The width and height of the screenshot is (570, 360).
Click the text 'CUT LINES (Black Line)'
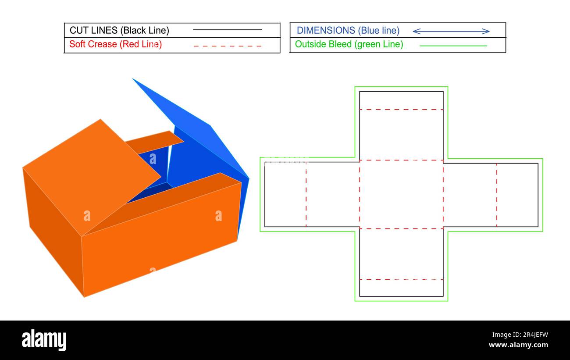click(x=119, y=31)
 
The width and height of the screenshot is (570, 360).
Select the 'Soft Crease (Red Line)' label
click(x=115, y=44)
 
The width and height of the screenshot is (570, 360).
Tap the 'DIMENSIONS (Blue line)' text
click(x=348, y=31)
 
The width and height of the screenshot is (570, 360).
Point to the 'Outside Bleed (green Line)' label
click(x=349, y=44)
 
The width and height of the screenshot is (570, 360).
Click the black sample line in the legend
click(x=227, y=29)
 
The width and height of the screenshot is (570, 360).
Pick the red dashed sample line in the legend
click(x=227, y=46)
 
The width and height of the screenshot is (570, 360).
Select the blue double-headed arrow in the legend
click(x=451, y=31)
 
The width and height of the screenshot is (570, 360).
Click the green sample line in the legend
click(x=453, y=46)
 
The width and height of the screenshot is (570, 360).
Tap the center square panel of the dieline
click(x=401, y=194)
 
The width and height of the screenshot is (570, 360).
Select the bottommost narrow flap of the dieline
click(x=401, y=288)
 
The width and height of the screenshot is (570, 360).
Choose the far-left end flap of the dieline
click(x=285, y=195)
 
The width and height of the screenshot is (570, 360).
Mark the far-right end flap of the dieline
click(x=517, y=195)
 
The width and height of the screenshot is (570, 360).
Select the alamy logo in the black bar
click(x=44, y=340)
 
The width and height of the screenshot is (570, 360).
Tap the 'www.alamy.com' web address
click(x=518, y=345)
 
